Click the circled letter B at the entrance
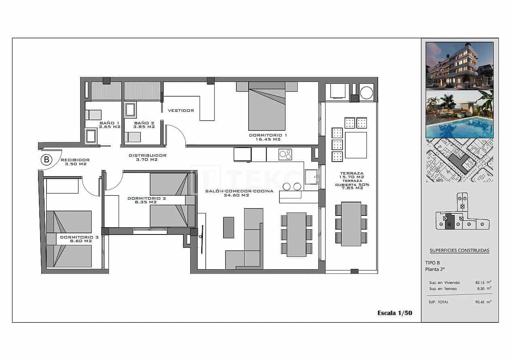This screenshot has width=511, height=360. pos(47,160)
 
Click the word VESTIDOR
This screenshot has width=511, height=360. pos(181,111)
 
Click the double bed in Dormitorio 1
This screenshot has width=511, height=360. pos(267,106)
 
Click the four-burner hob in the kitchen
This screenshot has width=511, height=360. pos(285,154)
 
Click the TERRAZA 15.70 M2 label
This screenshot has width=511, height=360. pos(352,175)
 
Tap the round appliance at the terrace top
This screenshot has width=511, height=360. pos(366,92)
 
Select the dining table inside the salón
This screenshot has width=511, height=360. pos(296,234)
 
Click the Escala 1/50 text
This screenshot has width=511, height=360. pos(394,313)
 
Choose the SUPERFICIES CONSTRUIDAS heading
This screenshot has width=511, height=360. pos(459,251)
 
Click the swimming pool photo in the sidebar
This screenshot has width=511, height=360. pos(460,114)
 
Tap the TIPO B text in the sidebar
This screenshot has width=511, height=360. pos(432,262)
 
